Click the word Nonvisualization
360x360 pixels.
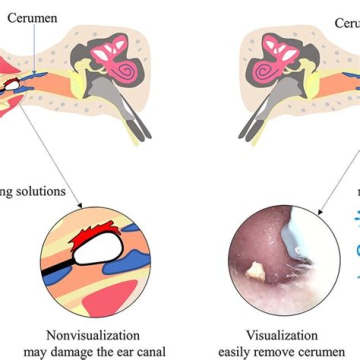[x=92, y=335]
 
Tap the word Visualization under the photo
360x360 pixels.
[x=281, y=335]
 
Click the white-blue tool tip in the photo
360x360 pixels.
[x=295, y=235]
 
